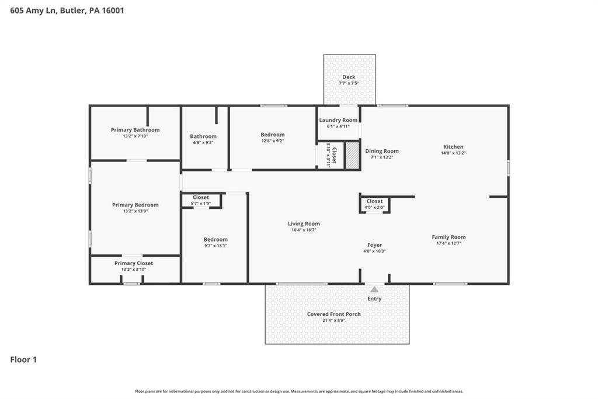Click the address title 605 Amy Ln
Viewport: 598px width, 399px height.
click(x=67, y=10)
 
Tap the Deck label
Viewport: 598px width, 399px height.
click(x=349, y=77)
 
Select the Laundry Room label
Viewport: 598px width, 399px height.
click(x=338, y=120)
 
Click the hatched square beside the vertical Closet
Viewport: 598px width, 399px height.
click(x=352, y=156)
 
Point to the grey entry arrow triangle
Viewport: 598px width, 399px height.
click(x=374, y=289)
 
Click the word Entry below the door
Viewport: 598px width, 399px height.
click(x=374, y=299)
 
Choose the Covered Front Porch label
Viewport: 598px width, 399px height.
click(x=334, y=314)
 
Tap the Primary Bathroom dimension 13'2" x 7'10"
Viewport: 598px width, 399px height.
click(x=135, y=136)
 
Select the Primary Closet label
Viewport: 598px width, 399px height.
click(x=134, y=263)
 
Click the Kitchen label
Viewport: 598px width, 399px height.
click(x=453, y=147)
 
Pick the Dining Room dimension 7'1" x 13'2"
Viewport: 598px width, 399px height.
click(x=382, y=157)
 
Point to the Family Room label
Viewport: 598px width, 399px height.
click(x=448, y=237)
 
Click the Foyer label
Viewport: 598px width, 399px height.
click(x=374, y=245)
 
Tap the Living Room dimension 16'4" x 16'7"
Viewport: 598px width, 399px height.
click(x=304, y=230)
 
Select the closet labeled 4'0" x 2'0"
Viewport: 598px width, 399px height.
click(x=374, y=204)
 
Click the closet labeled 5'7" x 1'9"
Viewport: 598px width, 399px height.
click(x=201, y=200)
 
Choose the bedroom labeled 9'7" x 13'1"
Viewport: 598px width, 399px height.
click(x=215, y=243)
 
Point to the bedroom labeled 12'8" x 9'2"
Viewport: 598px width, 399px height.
click(x=272, y=137)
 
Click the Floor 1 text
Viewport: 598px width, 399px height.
click(x=23, y=360)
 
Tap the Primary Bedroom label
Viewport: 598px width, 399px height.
click(x=135, y=205)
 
